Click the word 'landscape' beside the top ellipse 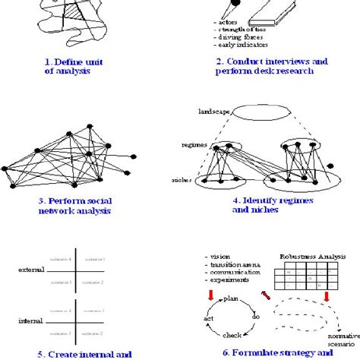coord(215,111)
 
